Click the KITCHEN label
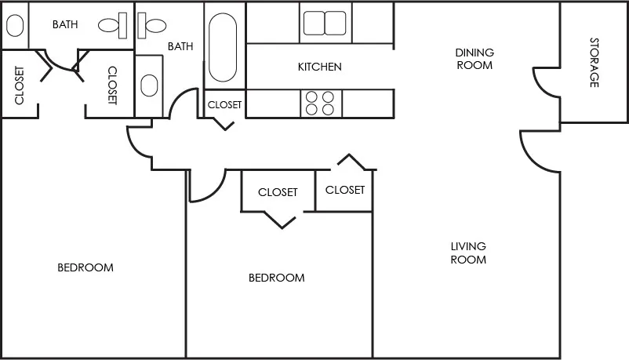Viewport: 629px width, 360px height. (x=319, y=67)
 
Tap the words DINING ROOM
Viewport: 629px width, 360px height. (x=474, y=59)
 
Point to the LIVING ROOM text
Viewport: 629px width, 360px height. (x=468, y=253)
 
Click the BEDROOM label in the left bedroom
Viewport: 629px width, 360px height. (x=85, y=267)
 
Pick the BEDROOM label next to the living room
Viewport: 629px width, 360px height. (x=276, y=278)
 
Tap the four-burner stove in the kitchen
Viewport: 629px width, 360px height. (x=318, y=104)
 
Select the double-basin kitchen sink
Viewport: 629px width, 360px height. (x=325, y=23)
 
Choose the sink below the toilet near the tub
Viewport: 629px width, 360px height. (x=149, y=85)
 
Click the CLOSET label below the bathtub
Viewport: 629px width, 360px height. (x=224, y=104)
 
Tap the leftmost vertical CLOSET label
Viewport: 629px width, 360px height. (x=19, y=85)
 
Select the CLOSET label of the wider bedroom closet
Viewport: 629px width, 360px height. (x=278, y=192)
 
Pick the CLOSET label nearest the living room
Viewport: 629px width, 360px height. (x=345, y=190)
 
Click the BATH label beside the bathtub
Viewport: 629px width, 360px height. (x=180, y=46)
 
